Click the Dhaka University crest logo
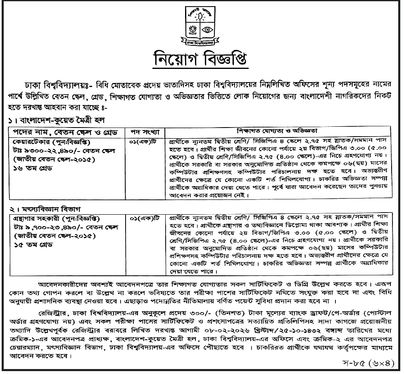pyautogui.click(x=202, y=26)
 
